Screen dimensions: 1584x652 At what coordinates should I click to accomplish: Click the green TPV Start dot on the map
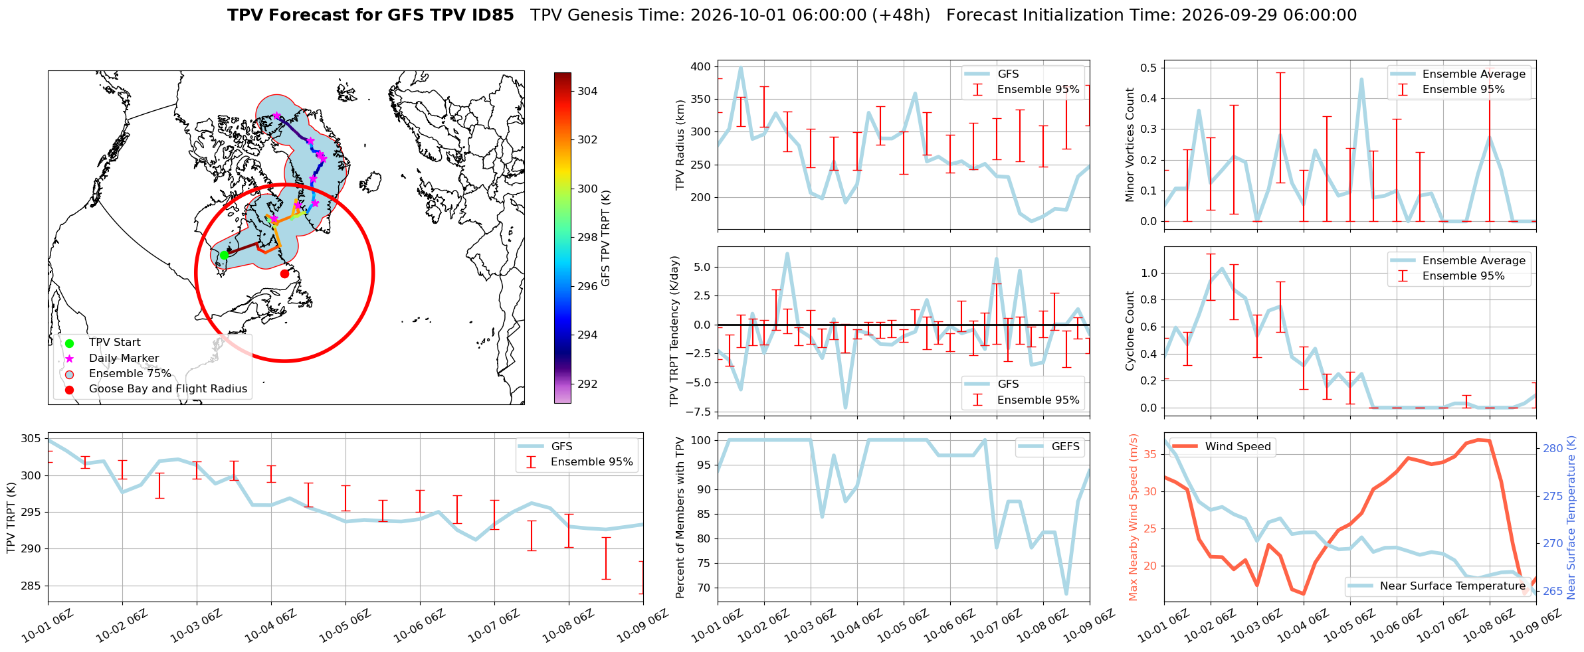point(224,255)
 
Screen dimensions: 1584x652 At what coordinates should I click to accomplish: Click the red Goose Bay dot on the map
point(284,274)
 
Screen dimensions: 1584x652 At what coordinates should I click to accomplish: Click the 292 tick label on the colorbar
point(587,384)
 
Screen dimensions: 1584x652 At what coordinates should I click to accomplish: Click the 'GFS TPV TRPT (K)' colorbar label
point(605,238)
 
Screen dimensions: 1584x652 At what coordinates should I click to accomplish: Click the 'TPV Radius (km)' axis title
point(680,145)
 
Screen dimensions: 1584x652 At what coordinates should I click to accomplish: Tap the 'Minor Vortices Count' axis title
point(1130,145)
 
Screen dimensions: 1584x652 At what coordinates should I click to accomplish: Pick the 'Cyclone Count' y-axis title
point(1130,331)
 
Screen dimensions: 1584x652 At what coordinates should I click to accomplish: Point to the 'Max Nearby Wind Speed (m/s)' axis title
point(1134,517)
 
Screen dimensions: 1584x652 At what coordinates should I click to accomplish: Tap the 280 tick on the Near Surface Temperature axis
point(1553,448)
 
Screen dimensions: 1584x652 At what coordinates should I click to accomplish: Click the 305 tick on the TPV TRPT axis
point(31,439)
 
